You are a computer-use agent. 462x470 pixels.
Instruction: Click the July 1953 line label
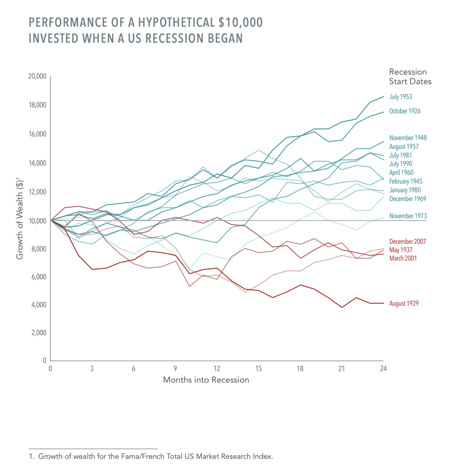tap(400, 97)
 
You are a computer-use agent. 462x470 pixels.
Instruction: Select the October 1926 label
tap(405, 111)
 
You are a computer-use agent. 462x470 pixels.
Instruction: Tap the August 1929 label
tap(404, 303)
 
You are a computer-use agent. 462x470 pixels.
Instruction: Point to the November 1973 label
tap(408, 216)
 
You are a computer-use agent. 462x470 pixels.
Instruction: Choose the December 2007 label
tap(408, 242)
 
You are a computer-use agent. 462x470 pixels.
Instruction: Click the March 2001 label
tap(403, 258)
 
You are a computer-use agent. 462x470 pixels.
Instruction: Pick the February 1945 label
tap(405, 181)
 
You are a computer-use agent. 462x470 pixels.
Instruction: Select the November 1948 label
tap(408, 138)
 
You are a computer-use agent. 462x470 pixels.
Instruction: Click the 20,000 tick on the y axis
tap(37, 76)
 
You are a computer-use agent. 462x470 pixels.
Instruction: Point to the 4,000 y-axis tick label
tap(39, 305)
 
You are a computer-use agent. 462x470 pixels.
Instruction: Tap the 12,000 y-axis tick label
tap(37, 192)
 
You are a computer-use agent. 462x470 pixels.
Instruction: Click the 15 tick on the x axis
tap(258, 369)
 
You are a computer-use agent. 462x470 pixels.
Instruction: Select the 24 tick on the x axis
tap(383, 369)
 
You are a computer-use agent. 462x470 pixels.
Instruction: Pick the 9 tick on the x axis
tap(175, 369)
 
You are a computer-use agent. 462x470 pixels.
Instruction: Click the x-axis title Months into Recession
tap(206, 380)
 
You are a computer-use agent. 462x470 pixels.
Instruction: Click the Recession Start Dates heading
tap(410, 77)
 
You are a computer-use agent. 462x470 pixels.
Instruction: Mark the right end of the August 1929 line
tap(383, 303)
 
